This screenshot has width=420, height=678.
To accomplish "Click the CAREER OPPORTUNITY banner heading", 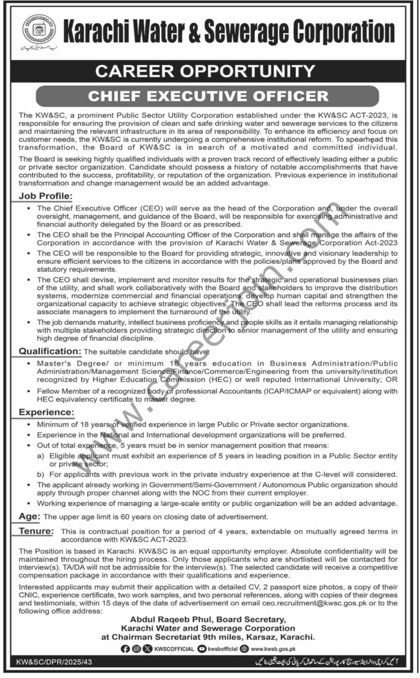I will (209, 71).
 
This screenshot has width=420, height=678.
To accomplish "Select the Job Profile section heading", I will (45, 195).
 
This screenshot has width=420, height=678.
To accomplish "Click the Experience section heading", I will (46, 412).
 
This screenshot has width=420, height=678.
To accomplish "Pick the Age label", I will (30, 516).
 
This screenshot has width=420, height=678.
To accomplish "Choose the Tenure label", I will (36, 530).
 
